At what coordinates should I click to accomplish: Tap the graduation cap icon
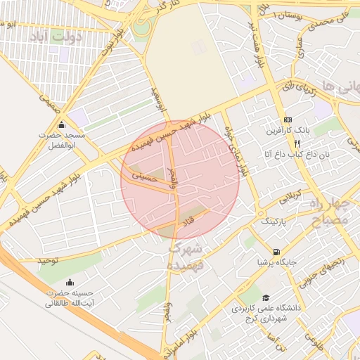[266, 297]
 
